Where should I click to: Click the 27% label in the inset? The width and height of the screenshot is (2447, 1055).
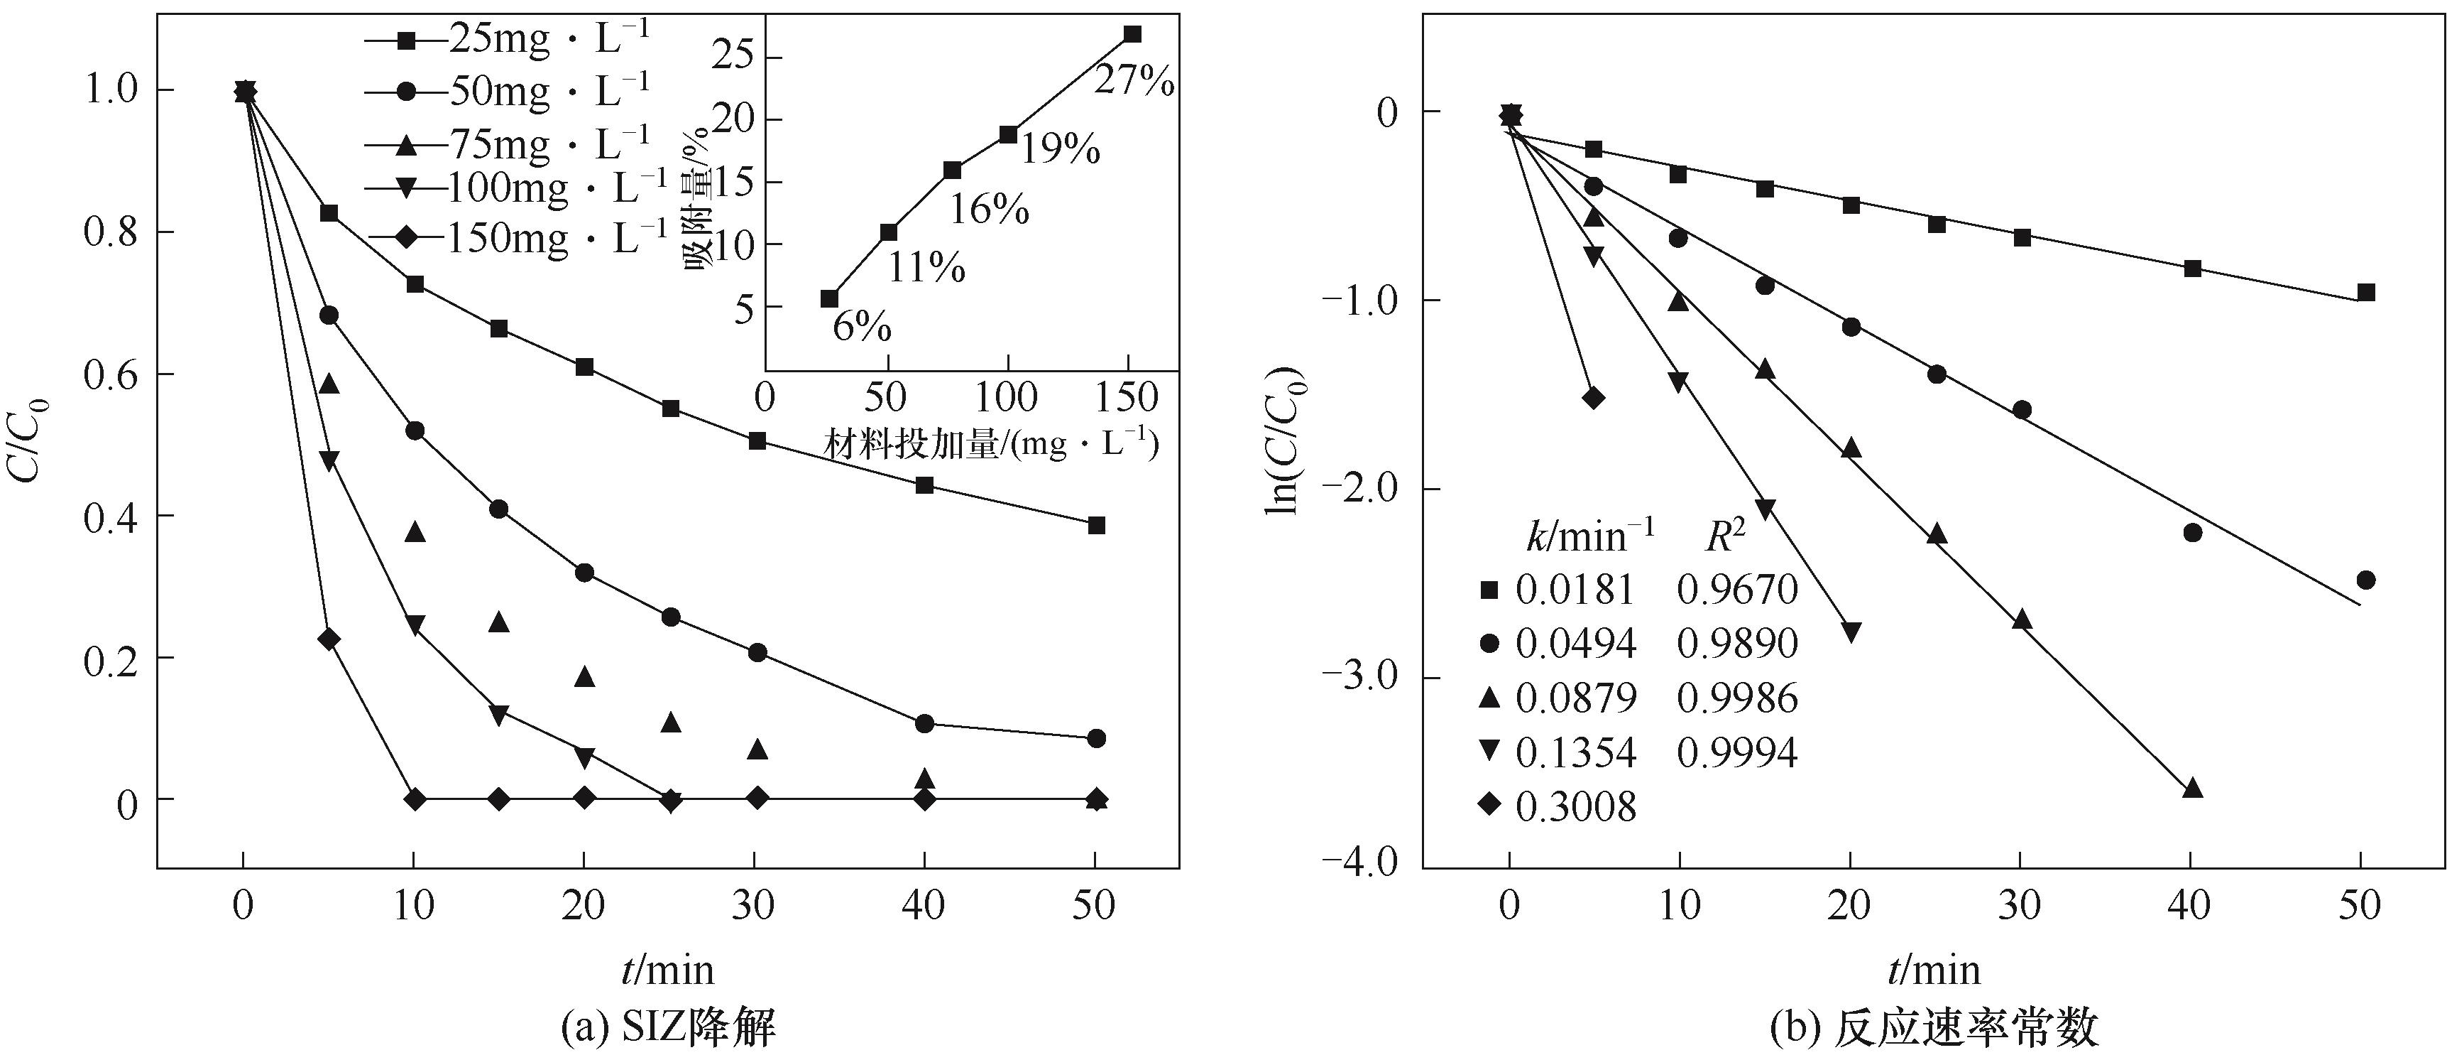click(1134, 82)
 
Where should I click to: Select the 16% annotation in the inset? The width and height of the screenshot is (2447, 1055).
click(990, 209)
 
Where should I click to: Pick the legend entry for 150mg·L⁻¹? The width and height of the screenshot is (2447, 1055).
click(518, 237)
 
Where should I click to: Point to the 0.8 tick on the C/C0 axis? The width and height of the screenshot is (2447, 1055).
click(112, 232)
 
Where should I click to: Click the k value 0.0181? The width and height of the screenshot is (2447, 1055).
click(1576, 590)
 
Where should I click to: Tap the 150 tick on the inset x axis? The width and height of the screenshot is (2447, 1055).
click(1127, 397)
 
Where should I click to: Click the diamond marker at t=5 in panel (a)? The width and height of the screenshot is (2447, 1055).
click(329, 639)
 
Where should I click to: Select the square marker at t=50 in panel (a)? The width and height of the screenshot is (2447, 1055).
click(1096, 524)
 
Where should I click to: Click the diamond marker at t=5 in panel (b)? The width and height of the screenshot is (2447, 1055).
click(1594, 397)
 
